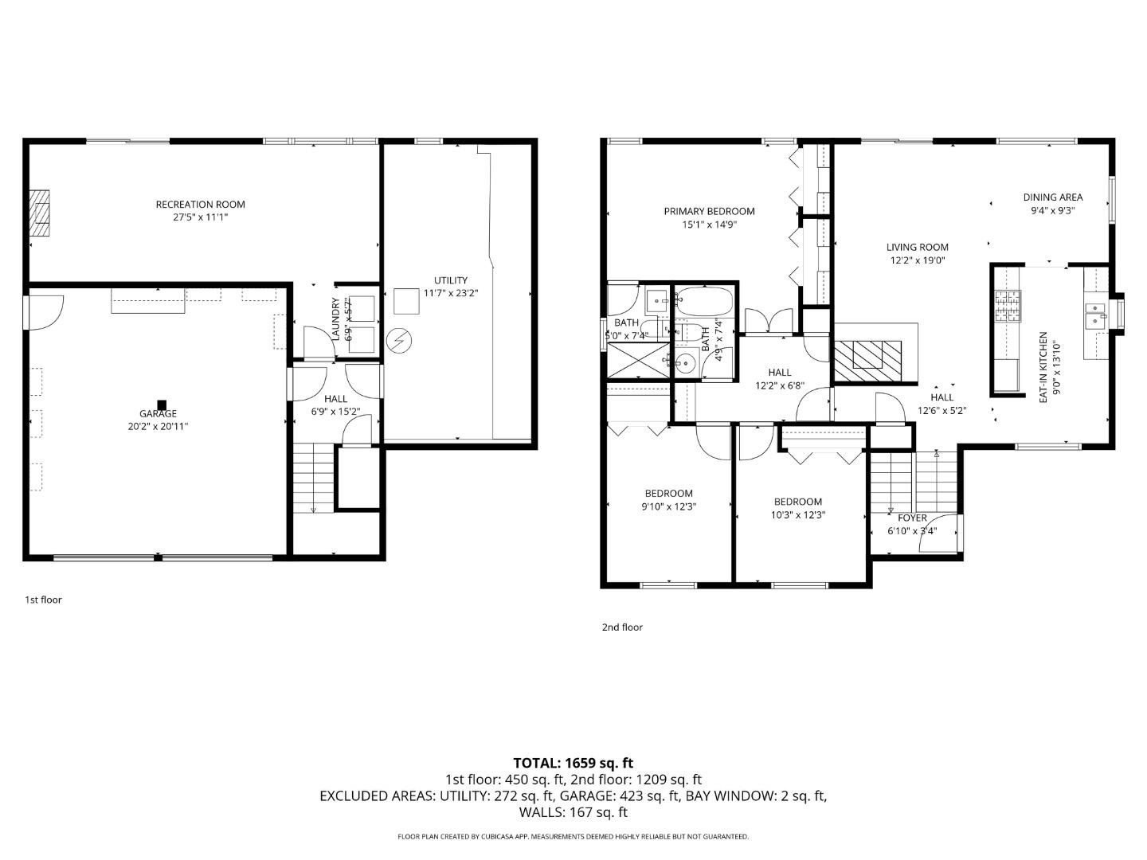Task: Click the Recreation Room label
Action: click(200, 205)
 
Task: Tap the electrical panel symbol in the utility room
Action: click(398, 342)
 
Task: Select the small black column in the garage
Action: click(162, 404)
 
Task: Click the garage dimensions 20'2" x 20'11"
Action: click(158, 426)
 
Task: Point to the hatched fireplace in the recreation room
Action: click(40, 213)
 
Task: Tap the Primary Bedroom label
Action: click(709, 211)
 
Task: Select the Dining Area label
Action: click(1052, 197)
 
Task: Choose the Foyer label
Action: click(912, 518)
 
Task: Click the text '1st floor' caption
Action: click(43, 600)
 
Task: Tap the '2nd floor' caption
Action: click(621, 627)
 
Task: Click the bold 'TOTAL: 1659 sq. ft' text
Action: click(573, 763)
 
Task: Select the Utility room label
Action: click(451, 280)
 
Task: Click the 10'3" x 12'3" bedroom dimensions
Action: click(798, 514)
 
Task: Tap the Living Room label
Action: click(918, 247)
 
